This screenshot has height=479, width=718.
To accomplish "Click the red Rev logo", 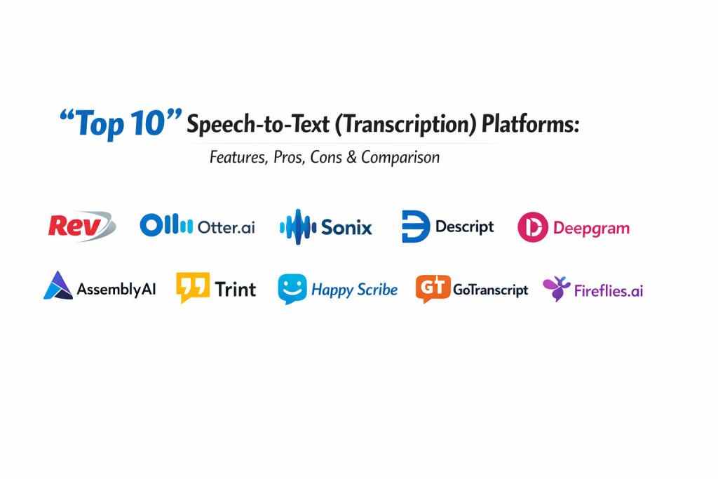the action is pyautogui.click(x=81, y=227).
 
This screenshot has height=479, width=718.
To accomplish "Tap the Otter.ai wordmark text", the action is pyautogui.click(x=226, y=227).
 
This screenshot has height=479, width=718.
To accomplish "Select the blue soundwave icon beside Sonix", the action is pyautogui.click(x=297, y=227).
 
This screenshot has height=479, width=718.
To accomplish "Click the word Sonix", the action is pyautogui.click(x=346, y=227).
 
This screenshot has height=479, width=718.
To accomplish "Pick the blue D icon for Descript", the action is pyautogui.click(x=415, y=227).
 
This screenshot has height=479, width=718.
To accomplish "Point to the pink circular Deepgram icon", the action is pyautogui.click(x=533, y=227).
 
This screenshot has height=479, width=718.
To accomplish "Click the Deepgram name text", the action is pyautogui.click(x=591, y=229).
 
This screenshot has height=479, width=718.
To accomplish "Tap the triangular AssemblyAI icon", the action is pyautogui.click(x=58, y=285).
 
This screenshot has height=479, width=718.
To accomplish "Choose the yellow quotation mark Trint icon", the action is pyautogui.click(x=193, y=287).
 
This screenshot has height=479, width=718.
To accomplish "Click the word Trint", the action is pyautogui.click(x=236, y=290).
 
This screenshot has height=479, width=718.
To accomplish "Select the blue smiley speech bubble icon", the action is pyautogui.click(x=292, y=289).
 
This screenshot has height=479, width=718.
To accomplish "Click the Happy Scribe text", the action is pyautogui.click(x=354, y=290).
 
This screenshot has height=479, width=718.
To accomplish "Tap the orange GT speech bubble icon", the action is pyautogui.click(x=433, y=288).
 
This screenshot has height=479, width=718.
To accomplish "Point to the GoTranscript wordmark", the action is pyautogui.click(x=490, y=290).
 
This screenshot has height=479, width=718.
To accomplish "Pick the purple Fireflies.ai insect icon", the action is pyautogui.click(x=556, y=288).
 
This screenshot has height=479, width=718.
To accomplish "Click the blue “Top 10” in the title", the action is pyautogui.click(x=121, y=123).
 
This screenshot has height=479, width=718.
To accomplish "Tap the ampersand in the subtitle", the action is pyautogui.click(x=351, y=158).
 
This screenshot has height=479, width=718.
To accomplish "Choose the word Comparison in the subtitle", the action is pyautogui.click(x=400, y=158).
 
